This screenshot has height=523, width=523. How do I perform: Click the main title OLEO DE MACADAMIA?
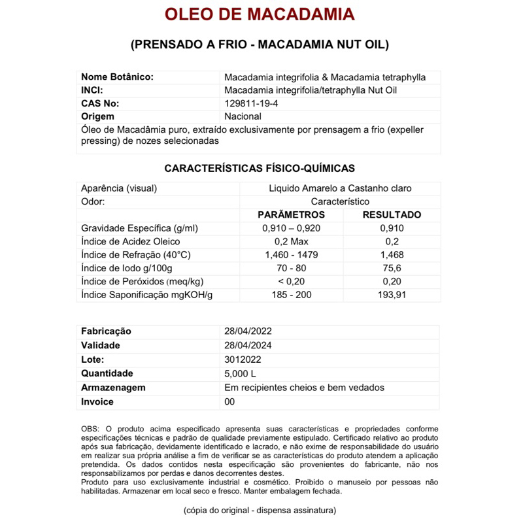click(260, 14)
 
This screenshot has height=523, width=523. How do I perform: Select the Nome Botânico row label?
click(117, 77)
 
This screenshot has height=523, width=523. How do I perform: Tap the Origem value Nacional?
click(243, 116)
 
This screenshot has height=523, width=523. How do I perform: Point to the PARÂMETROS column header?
click(292, 214)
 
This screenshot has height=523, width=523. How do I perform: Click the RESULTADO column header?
click(392, 214)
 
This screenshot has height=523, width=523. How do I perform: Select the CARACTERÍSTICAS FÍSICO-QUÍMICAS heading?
click(260, 168)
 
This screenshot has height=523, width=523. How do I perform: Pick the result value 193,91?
click(392, 295)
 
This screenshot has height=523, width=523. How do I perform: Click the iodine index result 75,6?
click(392, 268)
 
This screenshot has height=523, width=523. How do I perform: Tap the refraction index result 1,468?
click(392, 254)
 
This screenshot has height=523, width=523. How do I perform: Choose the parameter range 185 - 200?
click(292, 295)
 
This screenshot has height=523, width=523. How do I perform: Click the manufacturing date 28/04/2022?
click(248, 331)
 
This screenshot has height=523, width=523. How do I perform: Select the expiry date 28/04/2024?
click(248, 345)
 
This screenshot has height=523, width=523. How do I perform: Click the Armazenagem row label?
click(113, 388)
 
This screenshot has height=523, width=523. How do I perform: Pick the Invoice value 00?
click(229, 401)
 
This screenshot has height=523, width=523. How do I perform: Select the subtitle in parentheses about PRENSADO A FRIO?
click(260, 45)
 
